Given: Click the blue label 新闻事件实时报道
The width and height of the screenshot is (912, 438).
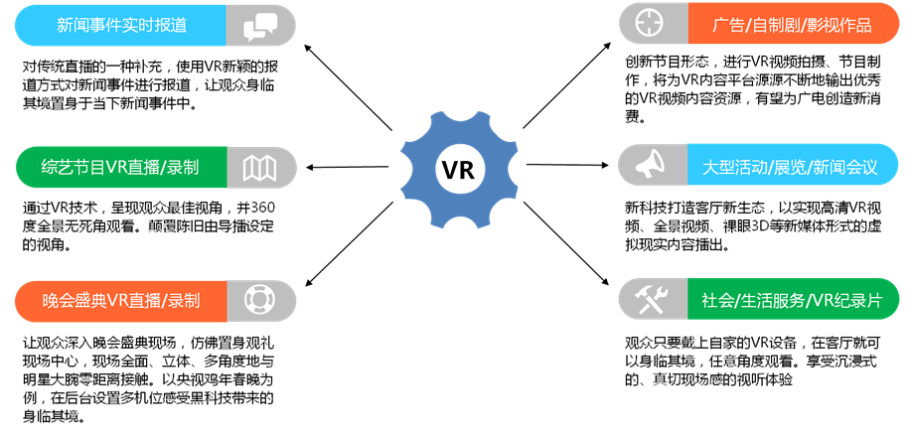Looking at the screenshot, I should [x=121, y=25].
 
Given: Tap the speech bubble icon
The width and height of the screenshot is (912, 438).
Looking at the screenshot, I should [x=259, y=25].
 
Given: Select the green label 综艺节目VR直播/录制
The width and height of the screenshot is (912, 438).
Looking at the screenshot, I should [x=121, y=166].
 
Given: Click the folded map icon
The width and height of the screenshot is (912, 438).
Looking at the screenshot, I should [x=259, y=166].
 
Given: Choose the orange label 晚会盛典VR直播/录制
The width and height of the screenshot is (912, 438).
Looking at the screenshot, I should [x=121, y=300].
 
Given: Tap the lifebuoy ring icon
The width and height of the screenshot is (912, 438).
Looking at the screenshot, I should [x=259, y=300].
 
